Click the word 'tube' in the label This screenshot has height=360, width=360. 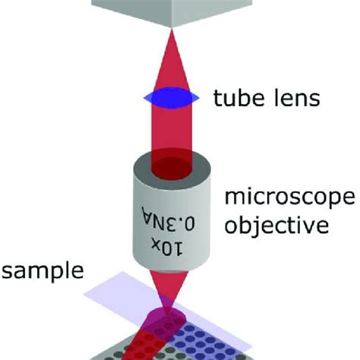232,99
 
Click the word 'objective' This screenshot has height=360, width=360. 275,226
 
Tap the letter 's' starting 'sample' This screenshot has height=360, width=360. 6,273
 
